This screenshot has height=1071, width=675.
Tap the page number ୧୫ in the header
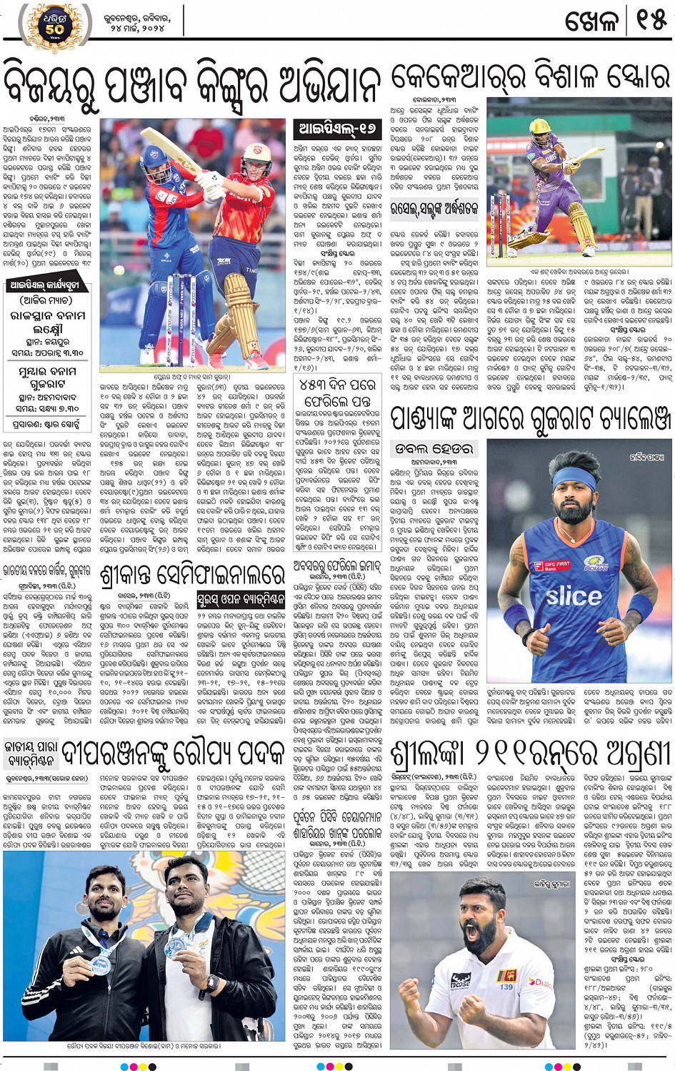pos(650,21)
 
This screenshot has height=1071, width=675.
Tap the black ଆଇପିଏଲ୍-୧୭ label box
pos(338,129)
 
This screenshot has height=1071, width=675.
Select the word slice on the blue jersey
pos(574,596)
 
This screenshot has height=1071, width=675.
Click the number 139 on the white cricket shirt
pos(506,987)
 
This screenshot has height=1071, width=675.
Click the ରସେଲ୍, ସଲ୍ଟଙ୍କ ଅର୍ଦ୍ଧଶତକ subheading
pos(434,209)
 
